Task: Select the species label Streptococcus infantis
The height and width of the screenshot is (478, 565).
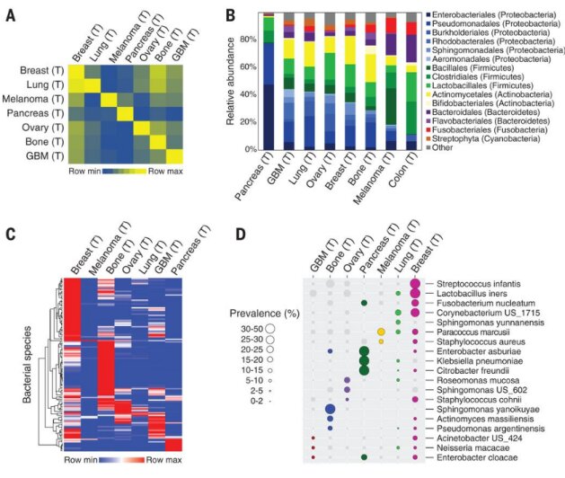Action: click(x=479, y=284)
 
